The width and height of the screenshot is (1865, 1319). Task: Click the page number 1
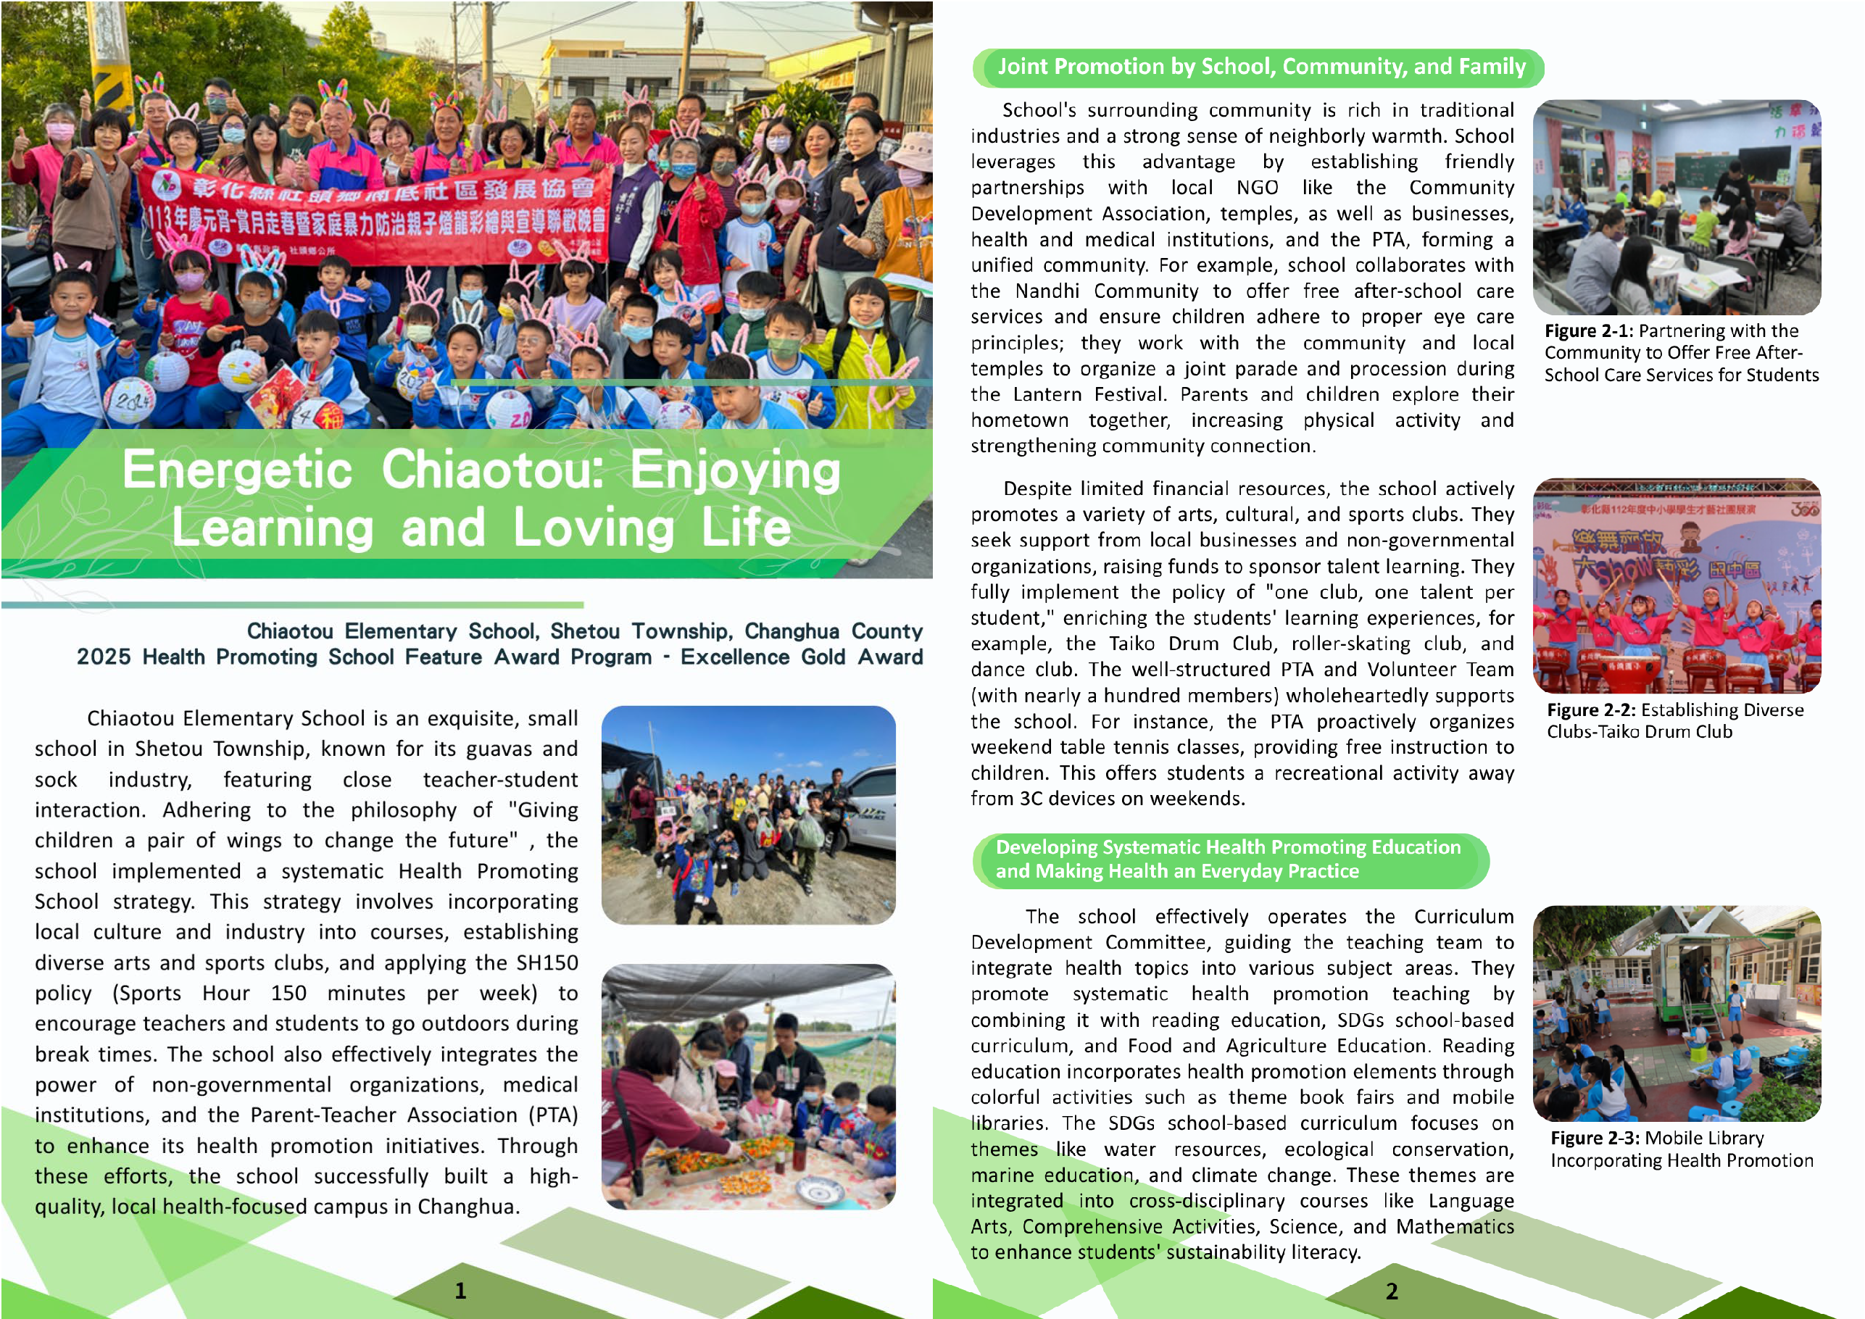tap(460, 1291)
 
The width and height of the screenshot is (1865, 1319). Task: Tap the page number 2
tap(1392, 1291)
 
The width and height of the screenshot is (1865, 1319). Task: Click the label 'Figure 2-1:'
tap(1589, 331)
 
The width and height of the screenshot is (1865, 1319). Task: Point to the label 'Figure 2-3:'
tap(1595, 1139)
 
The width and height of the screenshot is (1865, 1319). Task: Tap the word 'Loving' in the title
tap(593, 528)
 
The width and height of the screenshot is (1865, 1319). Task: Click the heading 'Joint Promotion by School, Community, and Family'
tap(1260, 67)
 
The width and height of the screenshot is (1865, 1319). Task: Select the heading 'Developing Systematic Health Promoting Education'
tap(1227, 847)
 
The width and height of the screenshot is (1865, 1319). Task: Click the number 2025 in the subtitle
tap(104, 657)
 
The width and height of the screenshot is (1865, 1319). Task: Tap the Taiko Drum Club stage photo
tap(1677, 586)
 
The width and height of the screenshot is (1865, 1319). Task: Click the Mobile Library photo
tap(1677, 1014)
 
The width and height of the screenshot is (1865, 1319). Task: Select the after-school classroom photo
tap(1677, 207)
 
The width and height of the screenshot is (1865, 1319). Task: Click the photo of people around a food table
tap(748, 1086)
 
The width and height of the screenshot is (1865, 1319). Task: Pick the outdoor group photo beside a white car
tap(748, 815)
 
